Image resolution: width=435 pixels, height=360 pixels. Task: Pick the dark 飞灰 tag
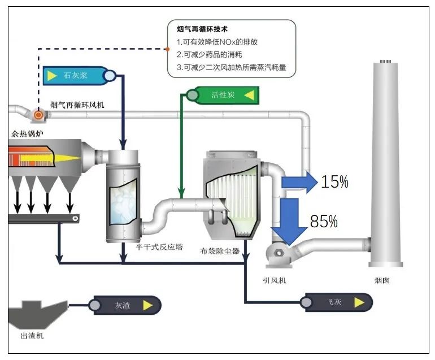(x=336, y=302)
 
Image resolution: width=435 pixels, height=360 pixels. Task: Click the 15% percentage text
(x=334, y=182)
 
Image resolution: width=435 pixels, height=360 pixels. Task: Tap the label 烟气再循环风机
(x=77, y=105)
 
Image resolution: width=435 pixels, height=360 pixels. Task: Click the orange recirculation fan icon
(x=38, y=115)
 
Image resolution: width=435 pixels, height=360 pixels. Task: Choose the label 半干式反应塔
(x=159, y=247)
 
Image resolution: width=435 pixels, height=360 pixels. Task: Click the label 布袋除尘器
(x=220, y=250)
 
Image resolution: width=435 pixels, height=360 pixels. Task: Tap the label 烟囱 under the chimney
(x=382, y=280)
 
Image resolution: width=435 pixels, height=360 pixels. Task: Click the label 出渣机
(x=32, y=336)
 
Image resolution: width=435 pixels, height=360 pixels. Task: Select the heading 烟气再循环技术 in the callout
(x=202, y=29)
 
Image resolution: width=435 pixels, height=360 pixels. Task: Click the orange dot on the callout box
(x=168, y=49)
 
